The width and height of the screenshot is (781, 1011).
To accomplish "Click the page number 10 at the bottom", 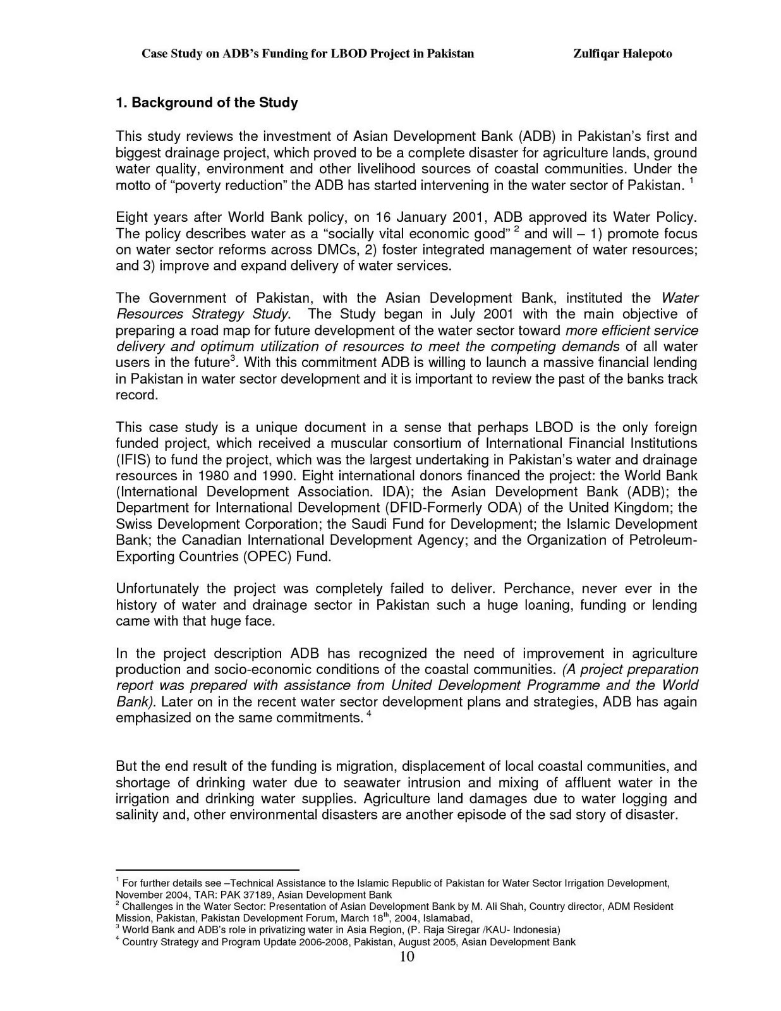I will coord(407,957).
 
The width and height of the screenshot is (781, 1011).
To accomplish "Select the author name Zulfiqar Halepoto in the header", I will coord(622,54).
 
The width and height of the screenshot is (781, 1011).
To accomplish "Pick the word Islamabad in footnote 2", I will coord(447,918).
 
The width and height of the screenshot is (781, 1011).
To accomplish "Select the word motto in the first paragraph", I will coord(133,186).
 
